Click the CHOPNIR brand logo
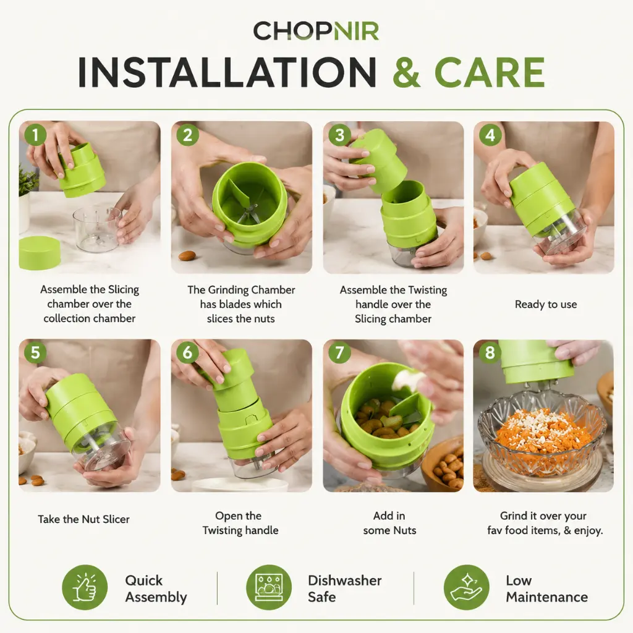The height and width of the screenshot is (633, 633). click(316, 31)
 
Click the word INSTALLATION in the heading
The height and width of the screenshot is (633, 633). click(227, 72)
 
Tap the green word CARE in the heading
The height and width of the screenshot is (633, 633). click(490, 72)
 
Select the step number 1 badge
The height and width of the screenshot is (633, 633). click(35, 134)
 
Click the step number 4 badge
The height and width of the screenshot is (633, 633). click(490, 135)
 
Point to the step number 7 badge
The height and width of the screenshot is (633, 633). click(339, 352)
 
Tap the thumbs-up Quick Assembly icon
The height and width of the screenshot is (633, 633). click(85, 587)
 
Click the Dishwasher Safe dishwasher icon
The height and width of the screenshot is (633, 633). click(269, 587)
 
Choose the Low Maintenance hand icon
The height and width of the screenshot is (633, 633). click(466, 587)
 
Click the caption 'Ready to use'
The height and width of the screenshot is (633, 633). click(546, 304)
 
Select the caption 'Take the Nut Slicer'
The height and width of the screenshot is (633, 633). click(83, 519)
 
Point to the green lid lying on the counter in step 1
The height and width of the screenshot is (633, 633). click(40, 253)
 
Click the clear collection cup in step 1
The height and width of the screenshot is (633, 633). click(96, 229)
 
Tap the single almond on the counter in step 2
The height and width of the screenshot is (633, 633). click(187, 255)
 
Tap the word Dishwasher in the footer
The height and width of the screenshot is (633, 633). click(345, 580)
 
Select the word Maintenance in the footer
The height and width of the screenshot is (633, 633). click(547, 597)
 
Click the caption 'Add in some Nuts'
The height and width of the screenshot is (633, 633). click(389, 523)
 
